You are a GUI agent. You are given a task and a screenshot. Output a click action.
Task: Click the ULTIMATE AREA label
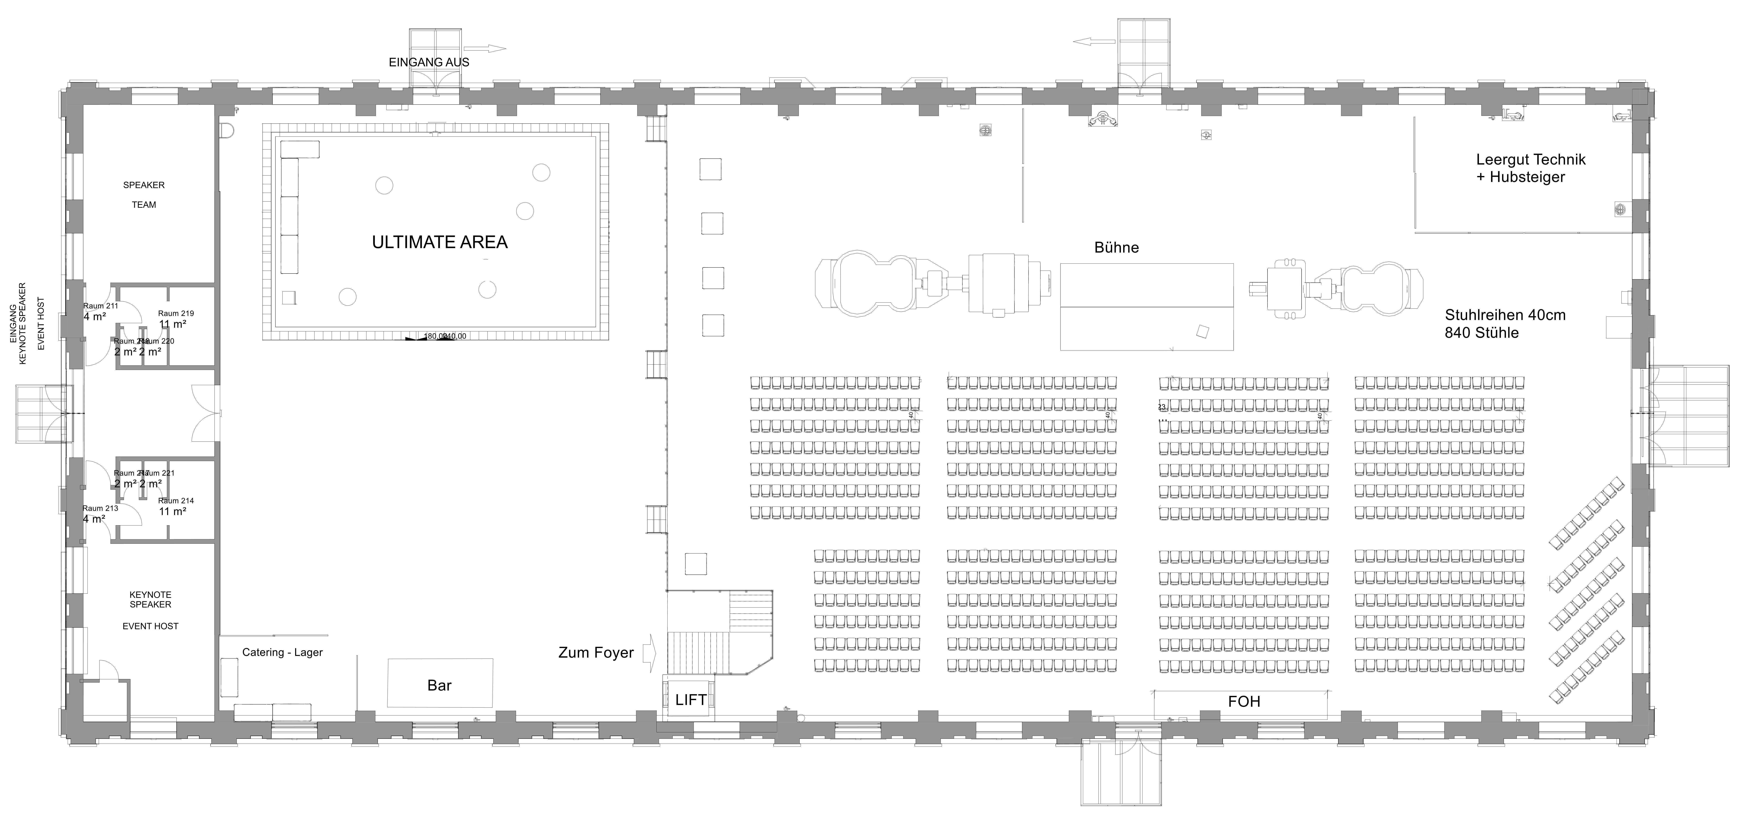click(x=439, y=242)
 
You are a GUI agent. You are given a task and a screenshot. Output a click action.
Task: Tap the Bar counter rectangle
click(x=439, y=683)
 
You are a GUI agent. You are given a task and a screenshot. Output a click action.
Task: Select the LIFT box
click(x=690, y=700)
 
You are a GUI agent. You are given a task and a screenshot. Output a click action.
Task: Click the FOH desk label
click(x=1244, y=702)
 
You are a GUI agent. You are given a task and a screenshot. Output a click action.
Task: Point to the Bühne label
click(x=1116, y=248)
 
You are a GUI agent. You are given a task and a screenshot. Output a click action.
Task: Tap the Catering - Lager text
click(x=282, y=652)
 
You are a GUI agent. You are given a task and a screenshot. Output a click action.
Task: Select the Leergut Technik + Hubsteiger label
click(x=1530, y=168)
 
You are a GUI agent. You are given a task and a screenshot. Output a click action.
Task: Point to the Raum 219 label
click(x=176, y=313)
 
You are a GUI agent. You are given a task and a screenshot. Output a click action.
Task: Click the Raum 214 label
click(x=176, y=501)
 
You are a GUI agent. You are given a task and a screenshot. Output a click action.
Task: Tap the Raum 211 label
click(x=101, y=306)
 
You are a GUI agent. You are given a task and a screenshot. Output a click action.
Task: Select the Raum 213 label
click(x=101, y=509)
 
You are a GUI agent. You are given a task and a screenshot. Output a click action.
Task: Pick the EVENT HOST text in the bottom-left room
click(x=151, y=626)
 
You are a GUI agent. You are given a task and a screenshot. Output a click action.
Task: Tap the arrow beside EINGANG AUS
click(x=484, y=49)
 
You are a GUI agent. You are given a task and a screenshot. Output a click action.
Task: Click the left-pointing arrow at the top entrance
click(x=1094, y=42)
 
